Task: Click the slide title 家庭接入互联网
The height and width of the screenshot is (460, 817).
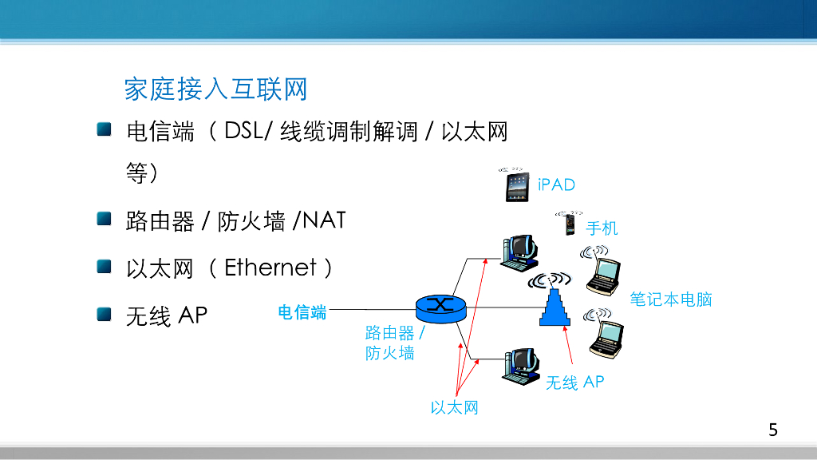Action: (215, 89)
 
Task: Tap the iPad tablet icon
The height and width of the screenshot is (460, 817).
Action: (517, 188)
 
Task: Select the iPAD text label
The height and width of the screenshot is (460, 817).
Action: (556, 184)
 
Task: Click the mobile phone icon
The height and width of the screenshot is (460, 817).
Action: (570, 224)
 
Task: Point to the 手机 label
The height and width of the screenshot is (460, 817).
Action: (602, 228)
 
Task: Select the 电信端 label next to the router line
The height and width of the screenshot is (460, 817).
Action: (302, 312)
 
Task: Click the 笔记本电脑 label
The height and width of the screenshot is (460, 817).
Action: (670, 299)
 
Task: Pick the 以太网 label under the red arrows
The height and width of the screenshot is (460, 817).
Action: (454, 408)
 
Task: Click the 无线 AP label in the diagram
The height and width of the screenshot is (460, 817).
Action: (574, 383)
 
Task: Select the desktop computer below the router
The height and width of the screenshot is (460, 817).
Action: (519, 367)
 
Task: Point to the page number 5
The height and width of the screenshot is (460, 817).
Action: (772, 430)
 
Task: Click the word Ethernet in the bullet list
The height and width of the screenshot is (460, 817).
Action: (270, 268)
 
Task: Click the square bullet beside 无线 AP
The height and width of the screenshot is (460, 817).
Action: (105, 313)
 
